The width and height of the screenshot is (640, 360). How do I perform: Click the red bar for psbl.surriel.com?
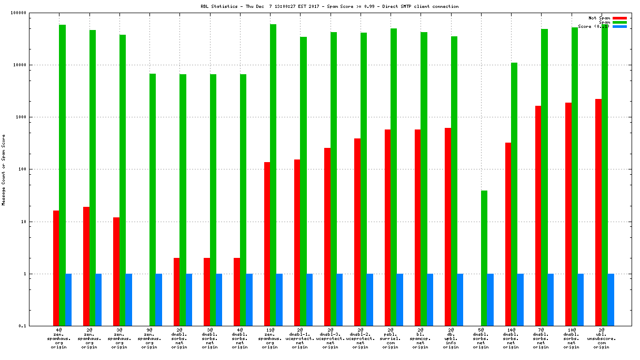pyautogui.click(x=387, y=227)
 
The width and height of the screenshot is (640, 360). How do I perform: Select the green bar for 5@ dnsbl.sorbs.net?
pyautogui.click(x=484, y=258)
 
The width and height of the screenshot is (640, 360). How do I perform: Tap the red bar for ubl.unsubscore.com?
pyautogui.click(x=598, y=212)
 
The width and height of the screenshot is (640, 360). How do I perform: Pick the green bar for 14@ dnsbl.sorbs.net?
pyautogui.click(x=514, y=194)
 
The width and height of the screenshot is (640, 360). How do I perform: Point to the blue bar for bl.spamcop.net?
pyautogui.click(x=430, y=299)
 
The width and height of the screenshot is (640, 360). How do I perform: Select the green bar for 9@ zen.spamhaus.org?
pyautogui.click(x=153, y=199)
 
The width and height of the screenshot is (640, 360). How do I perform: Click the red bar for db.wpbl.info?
pyautogui.click(x=448, y=227)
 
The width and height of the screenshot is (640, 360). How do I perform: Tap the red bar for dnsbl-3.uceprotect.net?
pyautogui.click(x=327, y=237)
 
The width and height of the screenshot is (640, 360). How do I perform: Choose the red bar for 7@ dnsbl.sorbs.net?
pyautogui.click(x=538, y=216)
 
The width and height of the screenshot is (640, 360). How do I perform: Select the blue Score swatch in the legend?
pyautogui.click(x=619, y=26)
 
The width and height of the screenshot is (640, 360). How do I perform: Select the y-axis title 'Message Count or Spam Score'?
pyautogui.click(x=4, y=169)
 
